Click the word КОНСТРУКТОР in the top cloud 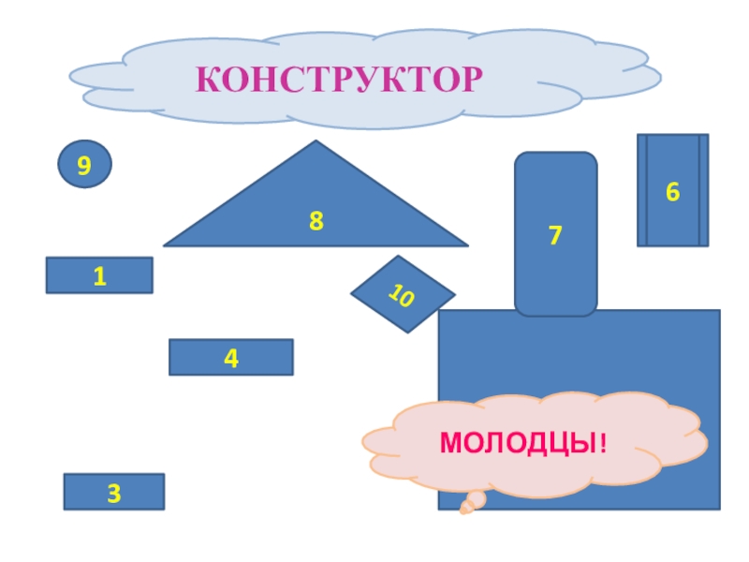[340, 80]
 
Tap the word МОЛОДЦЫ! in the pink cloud [523, 441]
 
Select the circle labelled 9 [85, 166]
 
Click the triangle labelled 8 [281, 220]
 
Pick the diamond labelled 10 [403, 294]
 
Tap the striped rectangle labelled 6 [672, 190]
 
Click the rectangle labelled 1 [99, 275]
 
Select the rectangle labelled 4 [230, 357]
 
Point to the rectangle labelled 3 [113, 491]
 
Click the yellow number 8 [316, 222]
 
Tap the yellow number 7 [555, 235]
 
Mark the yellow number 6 [672, 192]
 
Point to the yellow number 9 [84, 167]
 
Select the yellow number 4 [230, 357]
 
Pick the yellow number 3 [113, 493]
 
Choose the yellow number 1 [99, 276]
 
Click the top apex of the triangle [316, 142]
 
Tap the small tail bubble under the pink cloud [467, 508]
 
